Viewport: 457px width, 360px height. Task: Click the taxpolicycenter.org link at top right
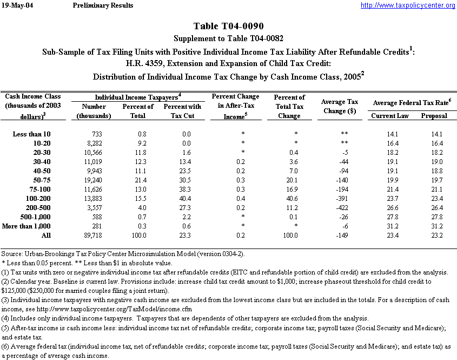coord(408,5)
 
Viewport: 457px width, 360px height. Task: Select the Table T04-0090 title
coord(228,27)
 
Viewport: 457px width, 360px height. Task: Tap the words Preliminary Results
coord(102,5)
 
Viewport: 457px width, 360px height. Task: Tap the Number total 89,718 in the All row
coord(100,236)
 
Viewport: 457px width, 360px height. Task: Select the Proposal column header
coord(434,116)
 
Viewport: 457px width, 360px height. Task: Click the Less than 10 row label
coord(32,134)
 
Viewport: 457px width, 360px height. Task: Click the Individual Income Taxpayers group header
coord(137,96)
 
